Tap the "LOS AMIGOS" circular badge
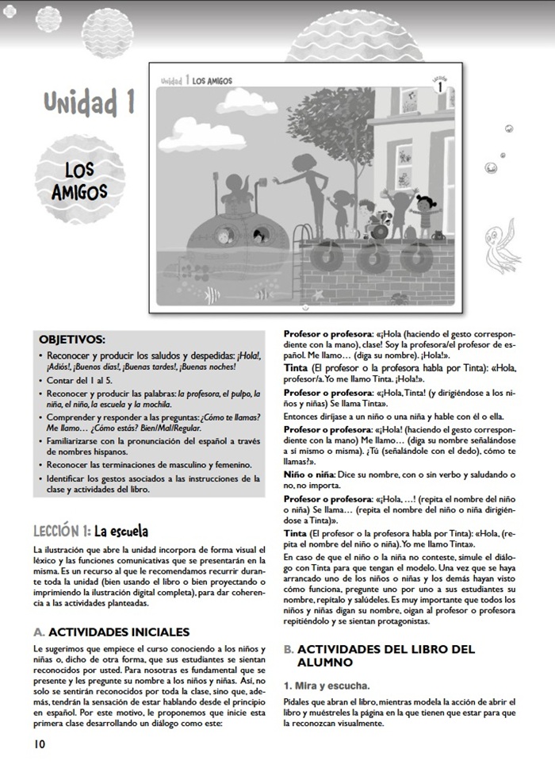80,180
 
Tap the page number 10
40,743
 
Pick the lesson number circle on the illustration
438,87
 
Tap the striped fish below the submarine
212,296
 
